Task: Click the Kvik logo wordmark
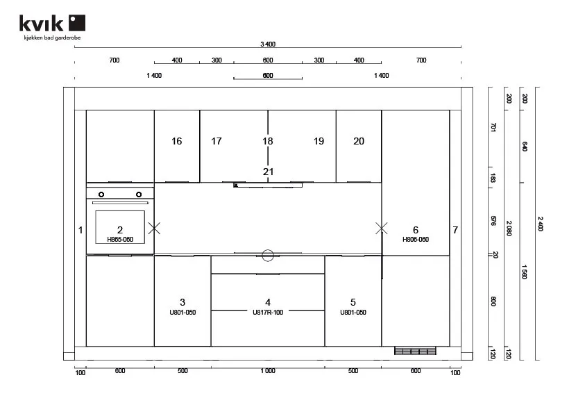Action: (52, 23)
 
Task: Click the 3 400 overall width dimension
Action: (268, 44)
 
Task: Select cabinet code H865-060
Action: (120, 240)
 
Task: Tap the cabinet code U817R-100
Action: (268, 313)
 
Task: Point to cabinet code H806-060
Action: (416, 240)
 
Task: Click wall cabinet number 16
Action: (176, 141)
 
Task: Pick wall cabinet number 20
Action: (359, 141)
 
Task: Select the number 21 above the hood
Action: (268, 172)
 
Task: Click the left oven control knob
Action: (101, 194)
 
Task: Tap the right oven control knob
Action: (139, 194)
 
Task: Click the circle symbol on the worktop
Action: (268, 256)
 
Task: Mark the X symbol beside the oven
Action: (154, 228)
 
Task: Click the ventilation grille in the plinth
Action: (415, 351)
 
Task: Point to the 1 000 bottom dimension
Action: (268, 371)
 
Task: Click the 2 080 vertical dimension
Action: (509, 228)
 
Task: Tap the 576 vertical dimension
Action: (493, 221)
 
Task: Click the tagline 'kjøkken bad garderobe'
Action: (52, 38)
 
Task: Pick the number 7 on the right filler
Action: (455, 230)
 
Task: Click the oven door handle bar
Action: (120, 203)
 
